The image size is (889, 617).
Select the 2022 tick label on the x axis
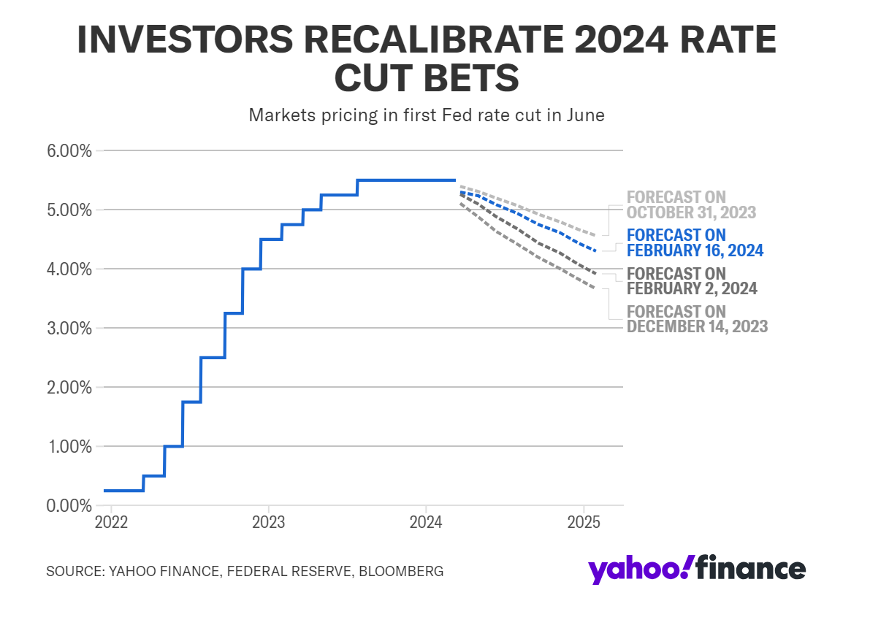[x=111, y=523]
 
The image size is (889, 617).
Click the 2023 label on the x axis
[x=268, y=523]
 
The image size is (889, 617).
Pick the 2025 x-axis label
[x=584, y=523]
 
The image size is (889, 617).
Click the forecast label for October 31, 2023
[x=691, y=204]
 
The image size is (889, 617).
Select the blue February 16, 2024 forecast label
[x=695, y=243]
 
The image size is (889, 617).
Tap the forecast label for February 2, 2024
[x=692, y=281]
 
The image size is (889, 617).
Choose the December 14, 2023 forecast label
[x=697, y=319]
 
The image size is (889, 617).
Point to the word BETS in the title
[x=474, y=78]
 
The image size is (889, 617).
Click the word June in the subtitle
[x=585, y=115]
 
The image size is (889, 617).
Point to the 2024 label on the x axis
[x=426, y=523]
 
